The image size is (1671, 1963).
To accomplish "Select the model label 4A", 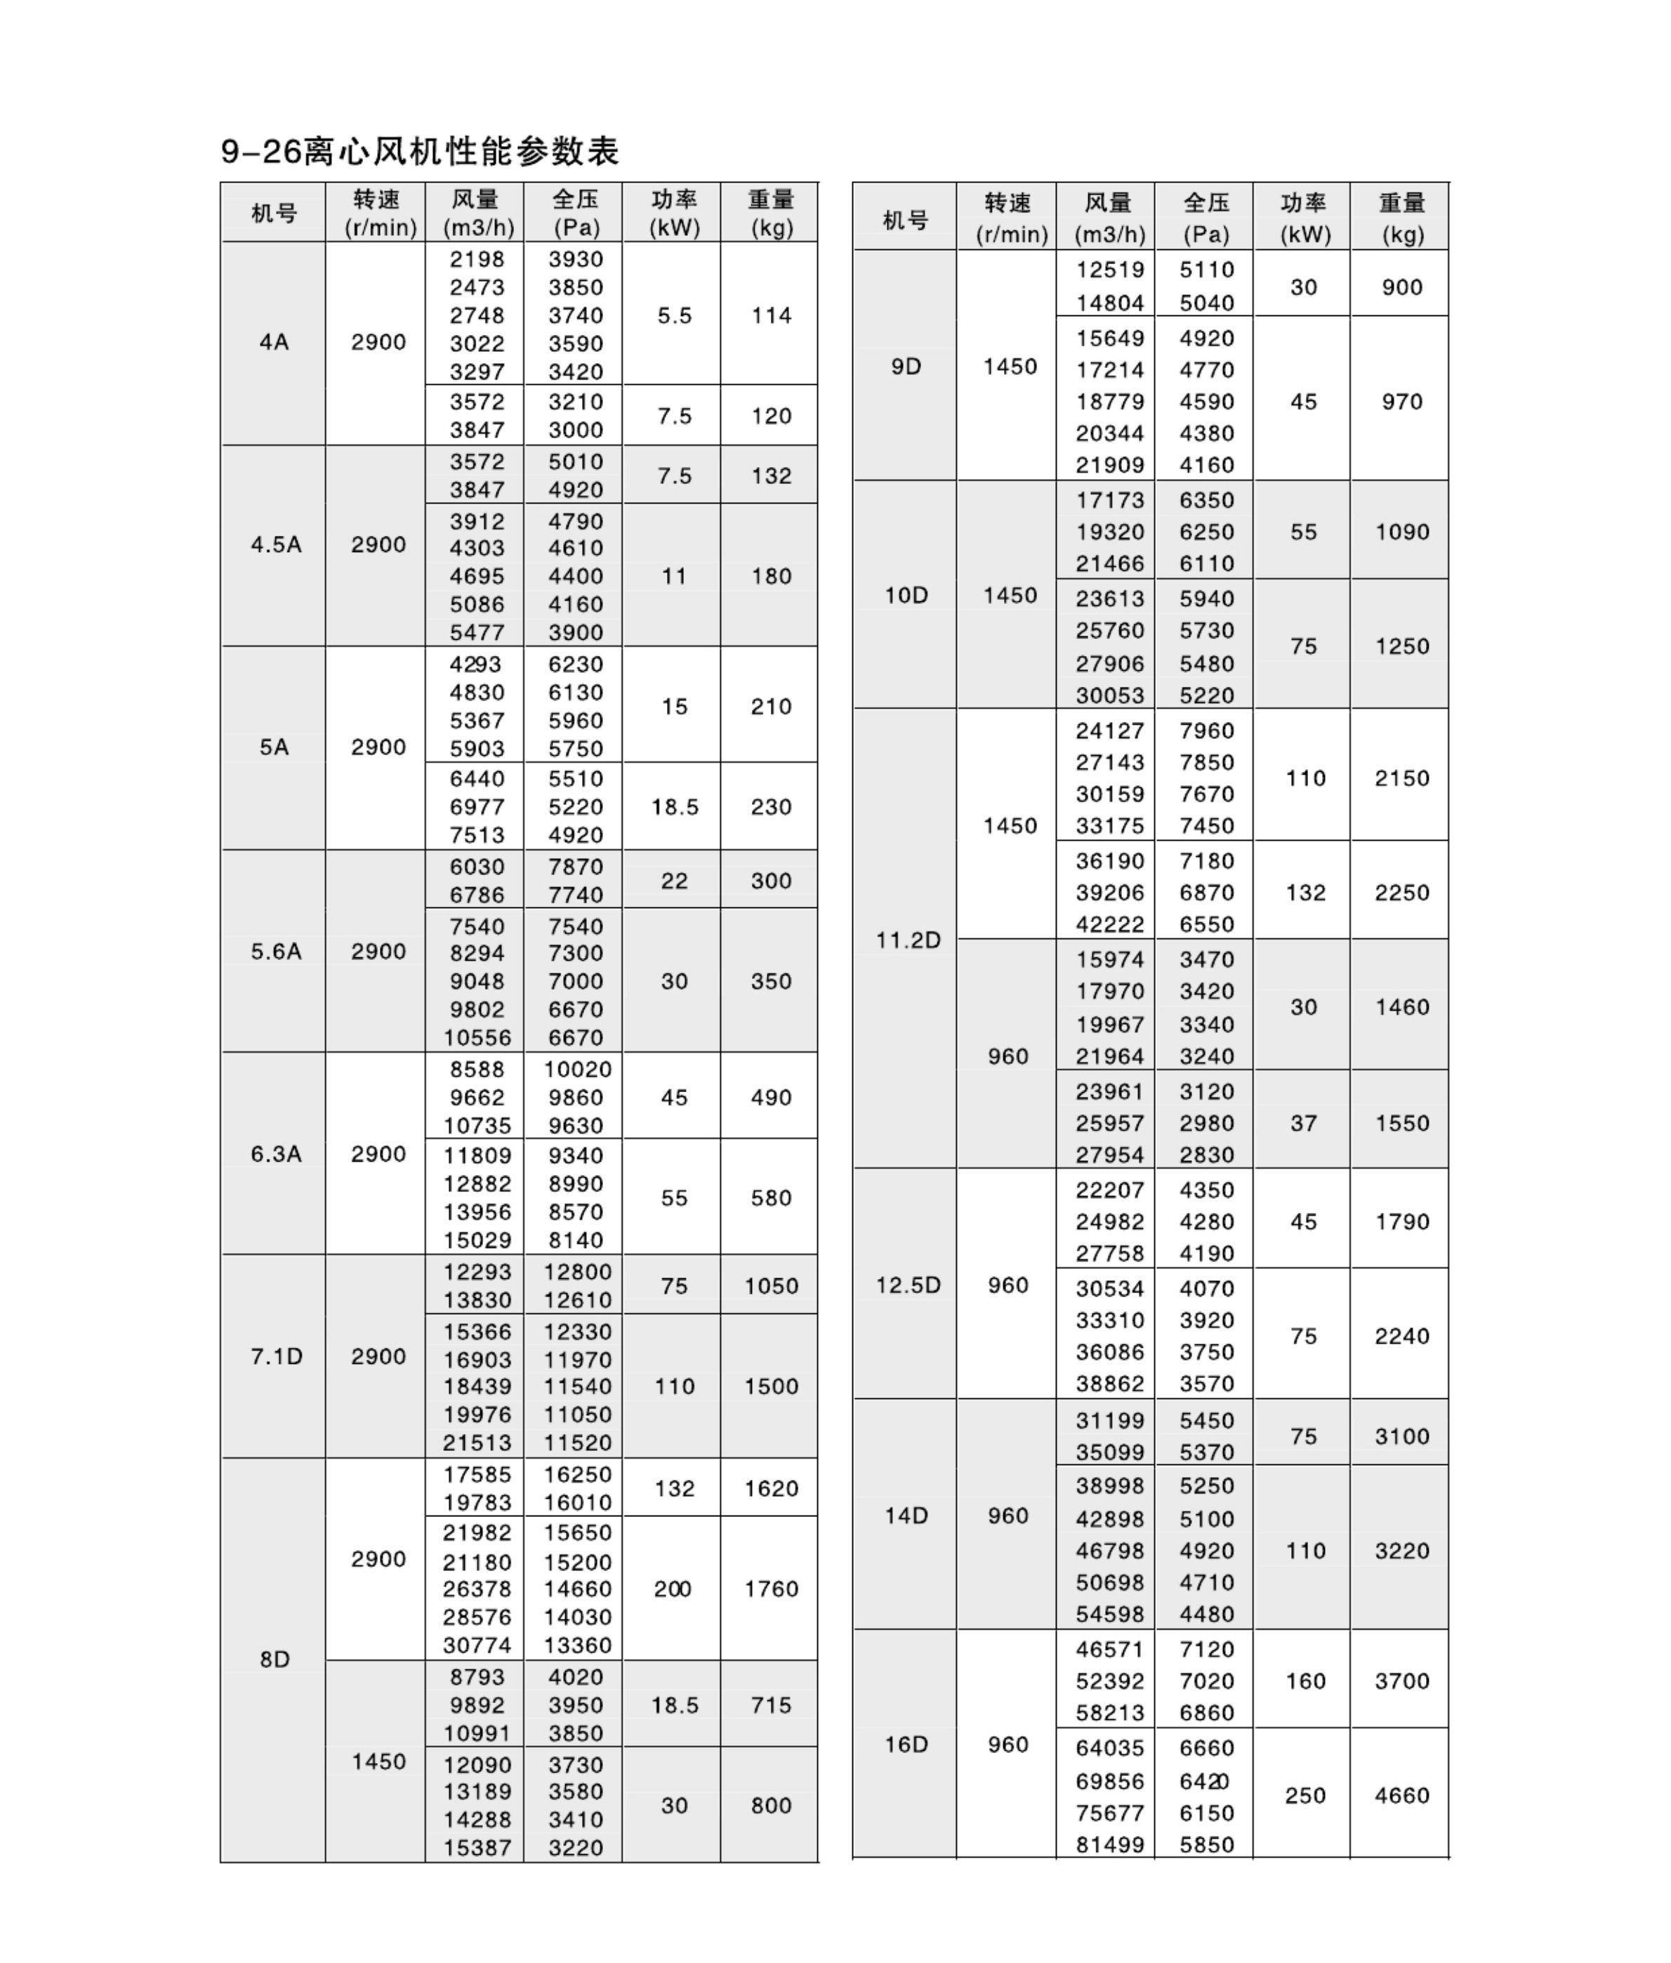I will click(274, 342).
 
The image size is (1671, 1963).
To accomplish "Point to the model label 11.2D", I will click(908, 940).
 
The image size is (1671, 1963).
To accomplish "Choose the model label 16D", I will click(906, 1744).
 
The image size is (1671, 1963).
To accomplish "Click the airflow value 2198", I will click(477, 258).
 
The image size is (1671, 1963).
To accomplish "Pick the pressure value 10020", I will click(577, 1069).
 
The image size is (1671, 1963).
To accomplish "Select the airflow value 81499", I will click(1109, 1844).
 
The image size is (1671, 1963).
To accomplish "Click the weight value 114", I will click(771, 315).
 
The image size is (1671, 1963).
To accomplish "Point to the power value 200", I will click(673, 1588).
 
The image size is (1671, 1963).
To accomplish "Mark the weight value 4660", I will click(1402, 1794).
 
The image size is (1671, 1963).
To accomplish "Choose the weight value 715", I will click(771, 1705).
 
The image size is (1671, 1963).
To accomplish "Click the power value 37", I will click(1304, 1122).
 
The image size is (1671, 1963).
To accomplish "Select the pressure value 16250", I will click(577, 1474).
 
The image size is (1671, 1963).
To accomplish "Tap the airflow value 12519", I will click(1109, 270).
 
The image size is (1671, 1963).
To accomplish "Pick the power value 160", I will click(1305, 1681).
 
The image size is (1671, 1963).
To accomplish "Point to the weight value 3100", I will click(1402, 1436).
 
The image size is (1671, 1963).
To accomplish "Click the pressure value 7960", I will click(1207, 730).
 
